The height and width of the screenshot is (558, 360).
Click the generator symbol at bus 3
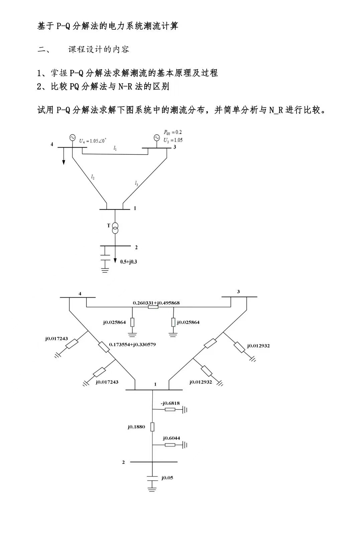(x=156, y=138)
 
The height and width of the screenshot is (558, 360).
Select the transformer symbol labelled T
(x=115, y=228)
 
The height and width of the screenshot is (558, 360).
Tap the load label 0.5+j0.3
(x=129, y=262)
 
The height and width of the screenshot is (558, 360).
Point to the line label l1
(x=115, y=148)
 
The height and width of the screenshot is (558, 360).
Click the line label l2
(x=93, y=177)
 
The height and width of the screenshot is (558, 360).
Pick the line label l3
(x=136, y=183)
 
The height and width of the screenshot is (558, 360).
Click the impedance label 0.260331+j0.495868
(x=156, y=303)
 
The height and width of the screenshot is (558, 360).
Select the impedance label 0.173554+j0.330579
(x=132, y=344)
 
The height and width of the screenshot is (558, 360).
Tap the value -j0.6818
(x=170, y=403)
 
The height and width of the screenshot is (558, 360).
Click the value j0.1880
(x=136, y=427)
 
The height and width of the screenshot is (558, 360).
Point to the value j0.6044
(x=171, y=438)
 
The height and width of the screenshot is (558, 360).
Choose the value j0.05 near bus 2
(x=167, y=478)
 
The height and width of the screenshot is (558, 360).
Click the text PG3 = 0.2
(x=173, y=132)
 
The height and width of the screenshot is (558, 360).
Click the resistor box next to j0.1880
(x=152, y=427)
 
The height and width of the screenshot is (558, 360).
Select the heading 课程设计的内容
(x=99, y=49)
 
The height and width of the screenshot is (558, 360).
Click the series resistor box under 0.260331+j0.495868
(x=153, y=307)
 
